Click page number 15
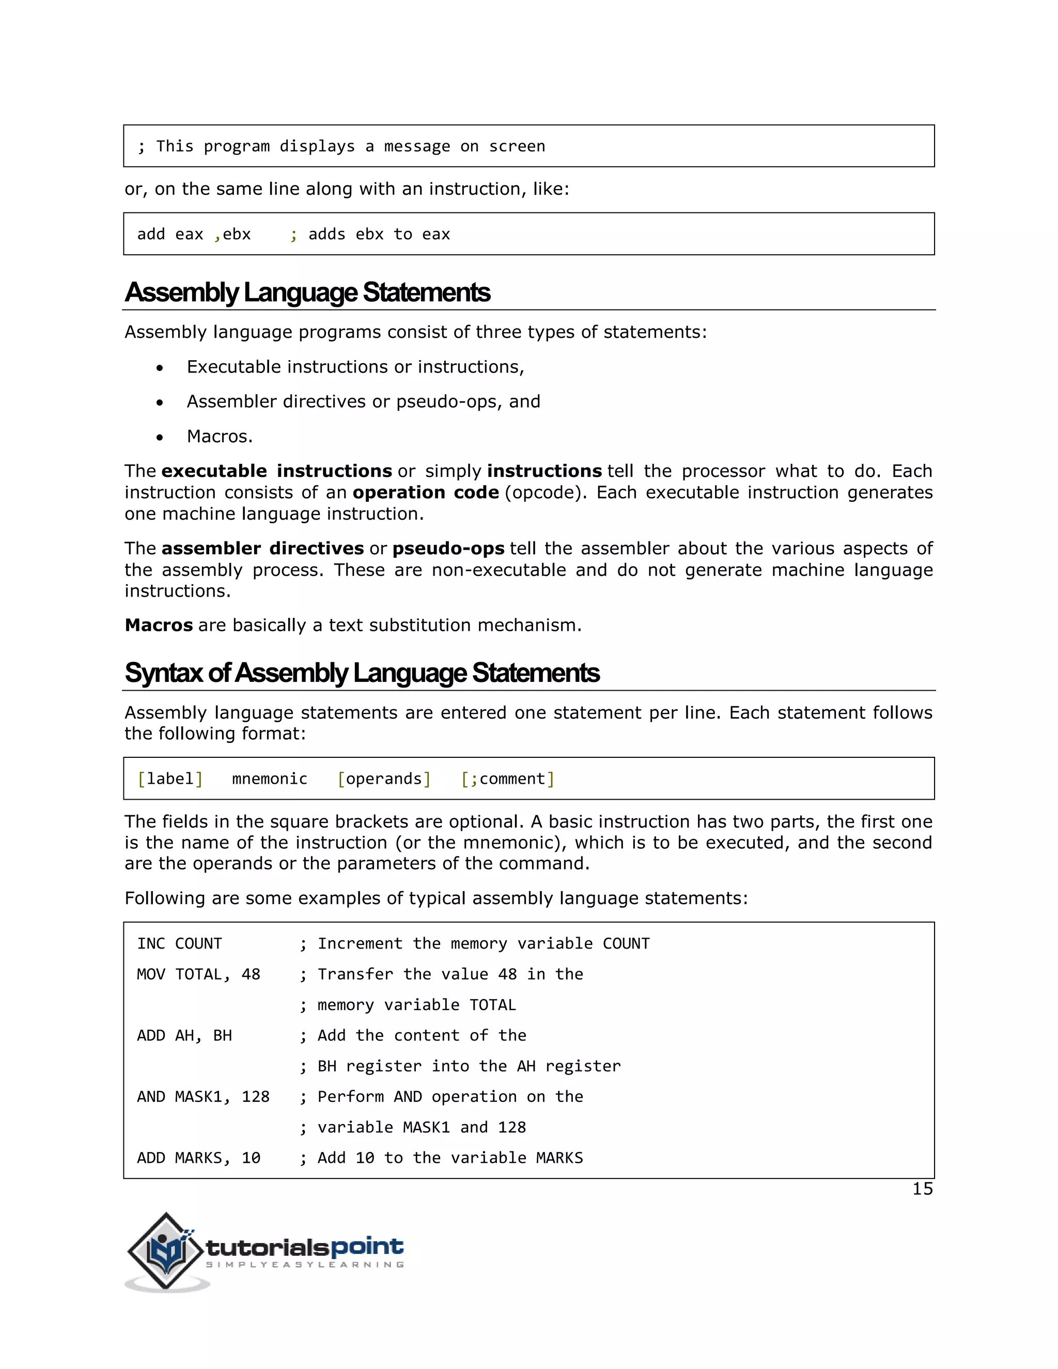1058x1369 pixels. pyautogui.click(x=922, y=1189)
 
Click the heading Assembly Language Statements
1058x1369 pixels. pyautogui.click(x=307, y=293)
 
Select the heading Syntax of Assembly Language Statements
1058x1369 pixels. pyautogui.click(x=362, y=673)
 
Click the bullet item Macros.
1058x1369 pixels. pyautogui.click(x=220, y=437)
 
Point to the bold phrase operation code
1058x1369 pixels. pyautogui.click(x=426, y=493)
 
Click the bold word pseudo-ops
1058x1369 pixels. pyautogui.click(x=448, y=549)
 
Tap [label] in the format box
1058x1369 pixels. pyautogui.click(x=170, y=779)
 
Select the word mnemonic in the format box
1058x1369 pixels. pyautogui.click(x=270, y=779)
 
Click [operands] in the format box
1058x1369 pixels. pyautogui.click(x=384, y=779)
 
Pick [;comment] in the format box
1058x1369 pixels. pyautogui.click(x=508, y=779)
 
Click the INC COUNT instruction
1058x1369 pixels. pyautogui.click(x=179, y=943)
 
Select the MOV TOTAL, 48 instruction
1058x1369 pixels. pyautogui.click(x=198, y=974)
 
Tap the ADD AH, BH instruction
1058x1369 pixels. pyautogui.click(x=184, y=1035)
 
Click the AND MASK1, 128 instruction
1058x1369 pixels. pyautogui.click(x=203, y=1096)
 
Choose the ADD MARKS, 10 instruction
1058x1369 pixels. pyautogui.click(x=198, y=1158)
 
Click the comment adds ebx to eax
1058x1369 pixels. pyautogui.click(x=379, y=235)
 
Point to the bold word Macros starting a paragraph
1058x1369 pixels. pyautogui.click(x=159, y=626)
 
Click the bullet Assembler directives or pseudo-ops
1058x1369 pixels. pyautogui.click(x=363, y=402)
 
